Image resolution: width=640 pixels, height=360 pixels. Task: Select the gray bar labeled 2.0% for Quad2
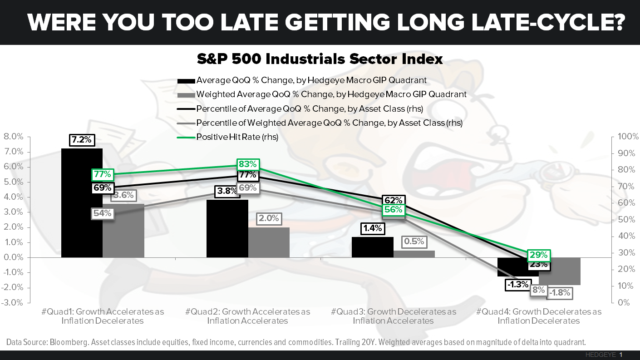tap(268, 242)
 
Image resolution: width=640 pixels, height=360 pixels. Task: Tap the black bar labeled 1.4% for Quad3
tap(373, 247)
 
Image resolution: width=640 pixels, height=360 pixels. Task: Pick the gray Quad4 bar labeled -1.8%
tap(559, 271)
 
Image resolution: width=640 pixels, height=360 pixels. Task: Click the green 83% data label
tap(247, 164)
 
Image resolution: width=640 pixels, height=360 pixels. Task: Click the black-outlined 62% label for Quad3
tap(393, 200)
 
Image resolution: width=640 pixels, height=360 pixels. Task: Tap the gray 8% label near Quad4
tap(538, 290)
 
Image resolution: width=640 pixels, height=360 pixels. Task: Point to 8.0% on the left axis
tap(14, 137)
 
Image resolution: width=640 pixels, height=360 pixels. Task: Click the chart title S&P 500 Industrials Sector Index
tap(320, 59)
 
